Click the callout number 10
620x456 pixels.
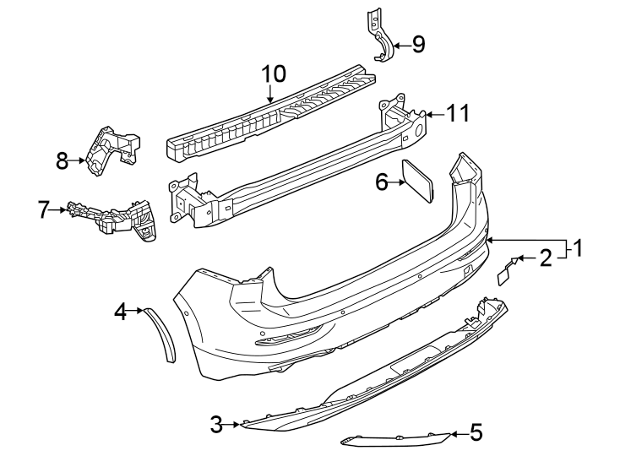(274, 74)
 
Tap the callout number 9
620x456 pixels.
(418, 44)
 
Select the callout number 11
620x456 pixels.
(458, 113)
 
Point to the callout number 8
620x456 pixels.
(62, 160)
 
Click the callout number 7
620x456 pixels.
(43, 209)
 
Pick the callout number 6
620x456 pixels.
(382, 182)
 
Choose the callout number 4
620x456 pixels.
(120, 312)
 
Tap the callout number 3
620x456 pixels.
(216, 425)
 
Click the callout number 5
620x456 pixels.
(476, 432)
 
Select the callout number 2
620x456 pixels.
(546, 258)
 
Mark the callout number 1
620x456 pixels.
(578, 248)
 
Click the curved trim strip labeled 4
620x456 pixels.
(160, 334)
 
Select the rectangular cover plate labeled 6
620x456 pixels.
(417, 181)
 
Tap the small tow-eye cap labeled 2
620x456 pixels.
(505, 272)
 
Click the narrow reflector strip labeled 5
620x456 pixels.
(395, 440)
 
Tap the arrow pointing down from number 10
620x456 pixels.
(270, 93)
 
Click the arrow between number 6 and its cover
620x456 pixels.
(396, 182)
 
